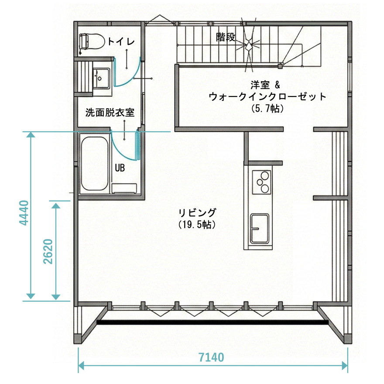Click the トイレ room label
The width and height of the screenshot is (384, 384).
pos(121,42)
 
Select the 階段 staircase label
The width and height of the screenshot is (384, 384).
pos(226,38)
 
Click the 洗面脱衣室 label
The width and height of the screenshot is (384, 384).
pos(110,113)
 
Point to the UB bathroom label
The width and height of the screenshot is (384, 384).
pos(120,168)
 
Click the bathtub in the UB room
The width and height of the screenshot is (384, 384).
pos(94,164)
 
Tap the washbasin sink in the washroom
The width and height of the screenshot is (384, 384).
pos(101,77)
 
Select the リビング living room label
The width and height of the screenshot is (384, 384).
pos(197,213)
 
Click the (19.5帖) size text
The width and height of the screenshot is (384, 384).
pos(197,224)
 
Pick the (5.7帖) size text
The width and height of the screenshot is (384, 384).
pos(268,108)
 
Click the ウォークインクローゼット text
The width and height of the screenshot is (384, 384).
pos(267,96)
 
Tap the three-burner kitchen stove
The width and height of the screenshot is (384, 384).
pos(261,182)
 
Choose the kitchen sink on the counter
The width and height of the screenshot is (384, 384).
pos(260,228)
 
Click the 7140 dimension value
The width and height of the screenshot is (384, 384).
pos(211,358)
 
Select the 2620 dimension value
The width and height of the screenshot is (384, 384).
pos(48,251)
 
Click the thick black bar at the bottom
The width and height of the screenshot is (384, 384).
pos(213,323)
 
